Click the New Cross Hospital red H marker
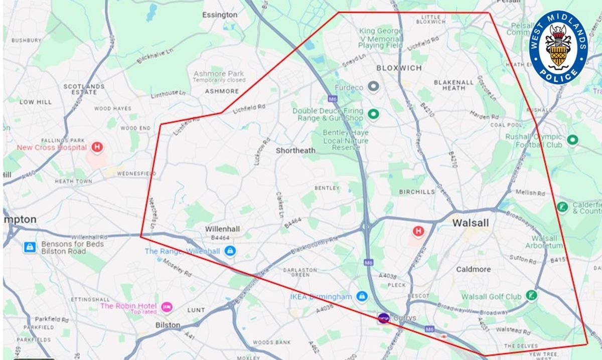tap(97, 147)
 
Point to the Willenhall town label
tap(222, 229)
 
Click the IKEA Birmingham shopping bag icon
tap(361, 296)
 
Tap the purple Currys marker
tap(383, 317)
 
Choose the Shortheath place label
tap(296, 150)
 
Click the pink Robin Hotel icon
tap(167, 306)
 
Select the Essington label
tap(220, 15)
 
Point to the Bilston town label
tap(168, 325)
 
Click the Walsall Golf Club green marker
tap(531, 296)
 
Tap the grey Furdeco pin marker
tap(373, 87)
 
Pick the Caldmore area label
tap(473, 269)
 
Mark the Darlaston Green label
tap(300, 272)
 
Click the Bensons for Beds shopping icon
tap(30, 247)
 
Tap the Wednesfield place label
tap(137, 173)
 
